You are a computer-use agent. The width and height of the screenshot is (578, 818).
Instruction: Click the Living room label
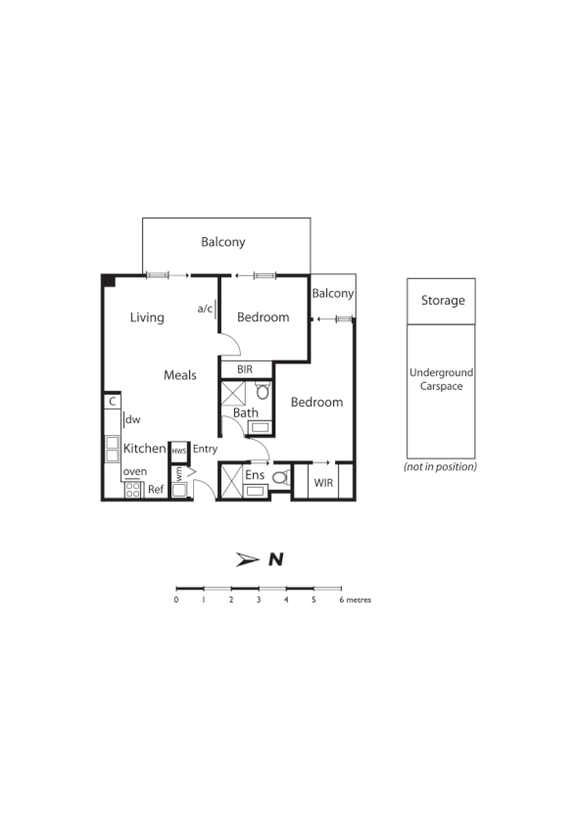click(147, 317)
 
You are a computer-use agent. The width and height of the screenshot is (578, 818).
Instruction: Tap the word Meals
click(180, 375)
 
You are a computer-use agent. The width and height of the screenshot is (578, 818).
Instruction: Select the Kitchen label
click(144, 449)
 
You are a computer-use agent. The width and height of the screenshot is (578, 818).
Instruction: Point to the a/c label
click(205, 309)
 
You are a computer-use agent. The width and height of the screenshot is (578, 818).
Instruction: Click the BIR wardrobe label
click(245, 369)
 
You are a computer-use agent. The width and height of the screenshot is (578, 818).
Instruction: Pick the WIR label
click(323, 482)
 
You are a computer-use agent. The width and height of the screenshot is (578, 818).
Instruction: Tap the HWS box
click(179, 450)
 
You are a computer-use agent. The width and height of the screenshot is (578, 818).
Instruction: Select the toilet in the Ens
click(279, 478)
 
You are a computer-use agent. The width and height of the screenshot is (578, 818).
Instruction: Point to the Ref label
click(156, 489)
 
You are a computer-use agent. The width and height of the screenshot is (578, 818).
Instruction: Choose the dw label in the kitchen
click(133, 420)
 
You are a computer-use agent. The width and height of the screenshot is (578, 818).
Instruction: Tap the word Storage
click(442, 301)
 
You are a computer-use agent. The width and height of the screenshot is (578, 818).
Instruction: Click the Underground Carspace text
click(441, 379)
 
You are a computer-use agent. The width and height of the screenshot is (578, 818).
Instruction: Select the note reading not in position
click(440, 467)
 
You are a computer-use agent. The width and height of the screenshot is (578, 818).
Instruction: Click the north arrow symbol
click(246, 559)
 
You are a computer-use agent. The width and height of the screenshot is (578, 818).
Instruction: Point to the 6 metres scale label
click(355, 599)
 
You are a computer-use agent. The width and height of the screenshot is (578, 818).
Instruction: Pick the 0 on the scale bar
click(176, 599)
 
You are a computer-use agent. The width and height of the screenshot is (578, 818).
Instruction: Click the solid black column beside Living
click(108, 281)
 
